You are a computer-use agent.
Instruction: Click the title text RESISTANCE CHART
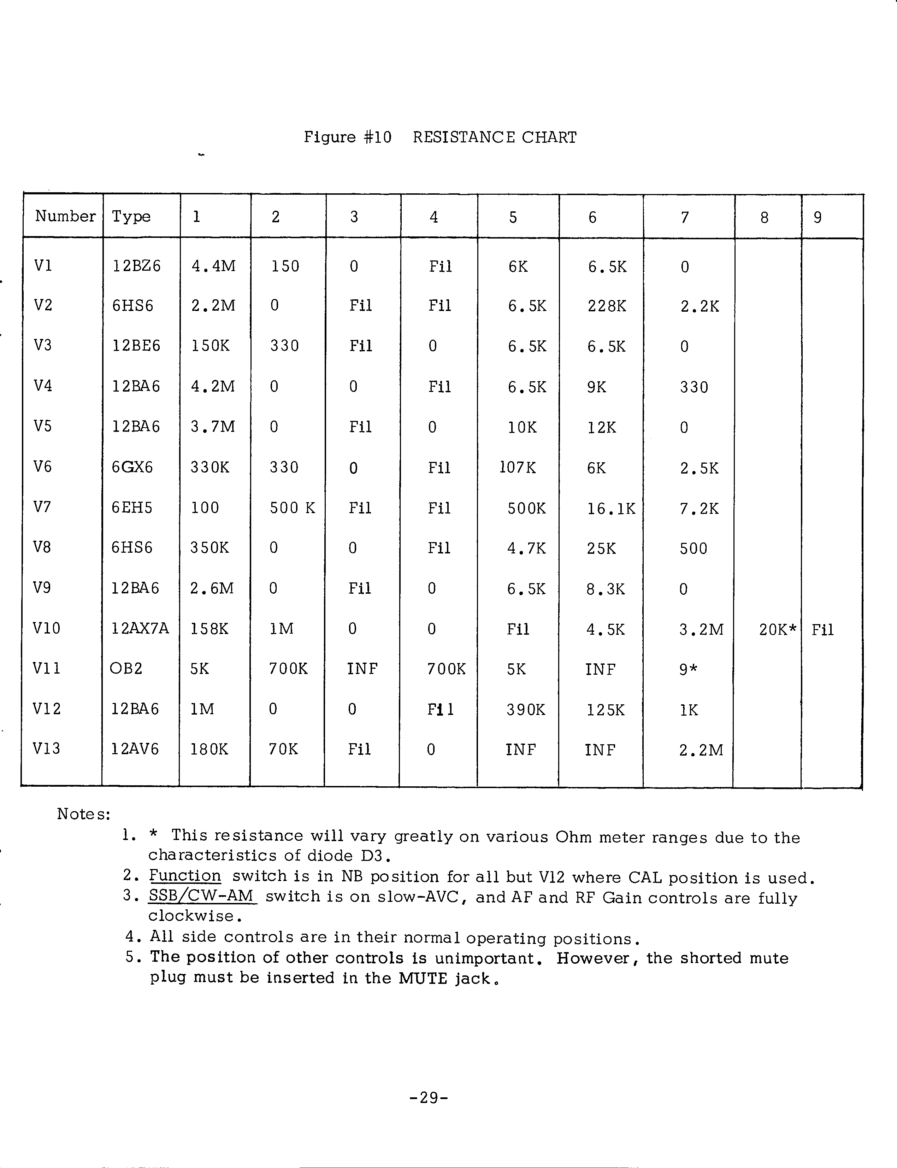494,137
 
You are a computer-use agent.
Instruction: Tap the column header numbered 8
764,217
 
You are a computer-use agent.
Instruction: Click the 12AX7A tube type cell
140,629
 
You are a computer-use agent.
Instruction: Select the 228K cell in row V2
607,306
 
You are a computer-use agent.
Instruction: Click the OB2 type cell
126,669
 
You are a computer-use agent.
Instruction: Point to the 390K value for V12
526,710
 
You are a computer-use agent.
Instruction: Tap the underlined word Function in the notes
185,876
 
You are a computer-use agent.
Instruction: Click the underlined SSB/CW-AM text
202,896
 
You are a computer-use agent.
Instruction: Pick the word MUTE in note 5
422,979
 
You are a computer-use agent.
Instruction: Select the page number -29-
429,1098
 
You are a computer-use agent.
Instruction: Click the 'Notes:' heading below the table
84,814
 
